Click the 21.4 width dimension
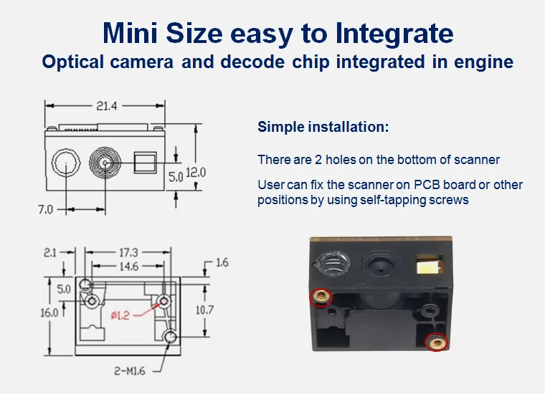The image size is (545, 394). point(107,106)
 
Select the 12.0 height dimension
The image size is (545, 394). point(196,173)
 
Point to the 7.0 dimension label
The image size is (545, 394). point(45,210)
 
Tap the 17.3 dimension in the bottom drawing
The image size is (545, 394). point(128,252)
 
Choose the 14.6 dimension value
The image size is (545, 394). point(128,266)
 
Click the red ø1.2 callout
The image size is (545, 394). point(120,315)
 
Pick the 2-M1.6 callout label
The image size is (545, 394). point(130,371)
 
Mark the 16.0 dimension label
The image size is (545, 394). point(49,313)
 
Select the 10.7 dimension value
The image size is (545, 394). point(204,309)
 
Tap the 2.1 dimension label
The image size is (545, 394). point(50,252)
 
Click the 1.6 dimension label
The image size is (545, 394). point(222,262)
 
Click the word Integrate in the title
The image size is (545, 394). point(394,34)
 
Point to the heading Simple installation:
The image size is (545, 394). point(323,127)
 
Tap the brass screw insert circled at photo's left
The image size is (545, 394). point(321,297)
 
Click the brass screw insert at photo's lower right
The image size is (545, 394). point(437,343)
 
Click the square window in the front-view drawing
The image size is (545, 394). point(146,163)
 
